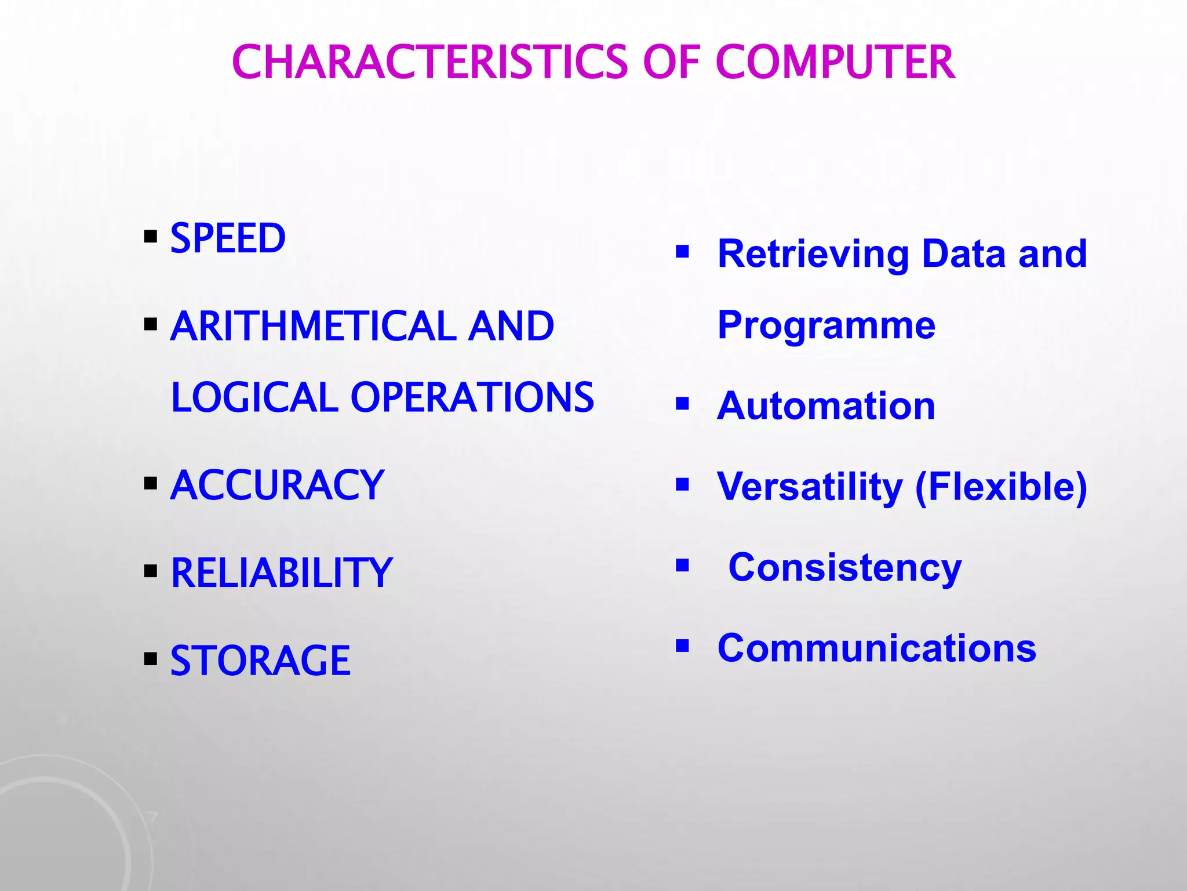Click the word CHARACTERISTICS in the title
pos(429,62)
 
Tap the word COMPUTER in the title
pos(835,62)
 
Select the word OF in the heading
pos(671,62)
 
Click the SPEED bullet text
pos(228,238)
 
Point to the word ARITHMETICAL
pos(314,326)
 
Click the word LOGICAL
pos(254,398)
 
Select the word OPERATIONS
pos(472,398)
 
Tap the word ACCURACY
pos(277,486)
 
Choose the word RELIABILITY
pos(282,574)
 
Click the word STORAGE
pos(260,661)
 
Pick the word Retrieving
pos(813,254)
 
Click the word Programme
pos(826,326)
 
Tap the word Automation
pos(826,406)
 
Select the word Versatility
pos(810,487)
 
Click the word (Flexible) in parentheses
pos(1001,487)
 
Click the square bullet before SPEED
pos(151,237)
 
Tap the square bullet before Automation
pos(682,403)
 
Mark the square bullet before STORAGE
pos(151,659)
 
